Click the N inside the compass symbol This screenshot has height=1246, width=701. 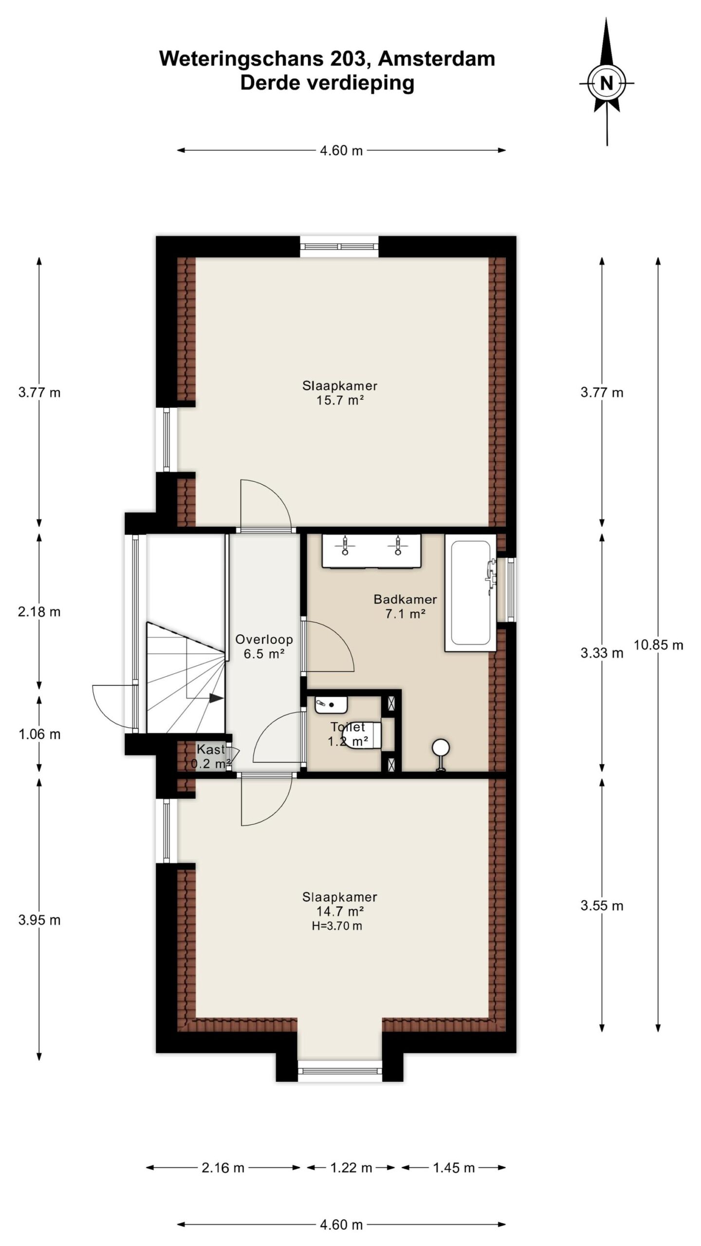click(x=606, y=84)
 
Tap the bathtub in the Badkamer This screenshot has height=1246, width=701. click(x=470, y=592)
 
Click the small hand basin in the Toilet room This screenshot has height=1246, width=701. click(x=331, y=705)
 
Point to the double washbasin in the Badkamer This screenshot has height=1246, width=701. click(x=371, y=550)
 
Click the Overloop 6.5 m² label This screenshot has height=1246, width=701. click(x=264, y=646)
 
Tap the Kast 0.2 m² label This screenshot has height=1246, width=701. click(x=210, y=756)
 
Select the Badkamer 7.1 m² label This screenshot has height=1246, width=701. click(x=405, y=606)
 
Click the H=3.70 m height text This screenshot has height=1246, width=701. click(x=337, y=926)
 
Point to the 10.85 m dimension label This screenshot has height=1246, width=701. click(x=658, y=645)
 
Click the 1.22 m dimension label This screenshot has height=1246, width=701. click(x=351, y=1168)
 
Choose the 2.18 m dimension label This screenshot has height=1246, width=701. click(x=39, y=612)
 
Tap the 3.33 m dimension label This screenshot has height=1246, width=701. click(x=602, y=653)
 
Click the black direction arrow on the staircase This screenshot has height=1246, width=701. click(x=216, y=698)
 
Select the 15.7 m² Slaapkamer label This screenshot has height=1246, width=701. click(x=340, y=393)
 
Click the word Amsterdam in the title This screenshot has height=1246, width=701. click(x=437, y=59)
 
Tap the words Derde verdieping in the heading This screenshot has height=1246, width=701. click(x=327, y=83)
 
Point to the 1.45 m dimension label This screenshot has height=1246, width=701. click(x=454, y=1168)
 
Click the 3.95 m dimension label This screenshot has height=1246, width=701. click(x=39, y=920)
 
